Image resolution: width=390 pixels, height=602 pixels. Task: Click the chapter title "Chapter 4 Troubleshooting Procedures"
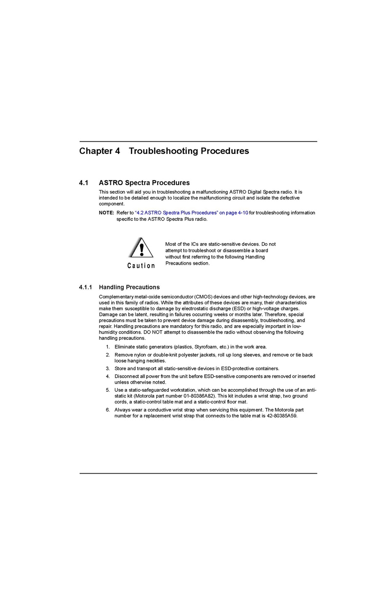pyautogui.click(x=164, y=151)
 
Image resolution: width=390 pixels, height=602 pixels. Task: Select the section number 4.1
pyautogui.click(x=83, y=183)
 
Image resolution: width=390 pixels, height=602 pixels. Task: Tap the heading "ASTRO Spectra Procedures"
pyautogui.click(x=144, y=183)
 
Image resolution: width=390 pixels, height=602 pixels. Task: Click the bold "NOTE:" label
pyautogui.click(x=107, y=213)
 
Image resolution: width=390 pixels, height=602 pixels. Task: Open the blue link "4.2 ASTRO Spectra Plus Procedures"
pyautogui.click(x=192, y=213)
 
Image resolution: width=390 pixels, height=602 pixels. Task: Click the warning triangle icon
pyautogui.click(x=142, y=248)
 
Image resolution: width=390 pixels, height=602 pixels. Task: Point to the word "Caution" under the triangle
pyautogui.click(x=141, y=266)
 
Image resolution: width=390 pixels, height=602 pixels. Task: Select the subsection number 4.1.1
pyautogui.click(x=85, y=287)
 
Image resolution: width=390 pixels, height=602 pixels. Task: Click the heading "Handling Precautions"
pyautogui.click(x=129, y=287)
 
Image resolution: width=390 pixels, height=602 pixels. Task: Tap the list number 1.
pyautogui.click(x=108, y=347)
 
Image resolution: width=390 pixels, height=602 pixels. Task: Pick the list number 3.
pyautogui.click(x=108, y=369)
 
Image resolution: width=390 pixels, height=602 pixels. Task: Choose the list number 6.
pyautogui.click(x=108, y=410)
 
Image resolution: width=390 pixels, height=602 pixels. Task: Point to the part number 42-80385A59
pyautogui.click(x=282, y=416)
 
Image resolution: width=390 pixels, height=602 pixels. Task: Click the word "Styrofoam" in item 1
pyautogui.click(x=206, y=347)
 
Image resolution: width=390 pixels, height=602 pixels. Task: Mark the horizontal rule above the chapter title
pyautogui.click(x=198, y=141)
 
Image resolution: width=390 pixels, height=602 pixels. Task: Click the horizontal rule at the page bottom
pyautogui.click(x=198, y=473)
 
